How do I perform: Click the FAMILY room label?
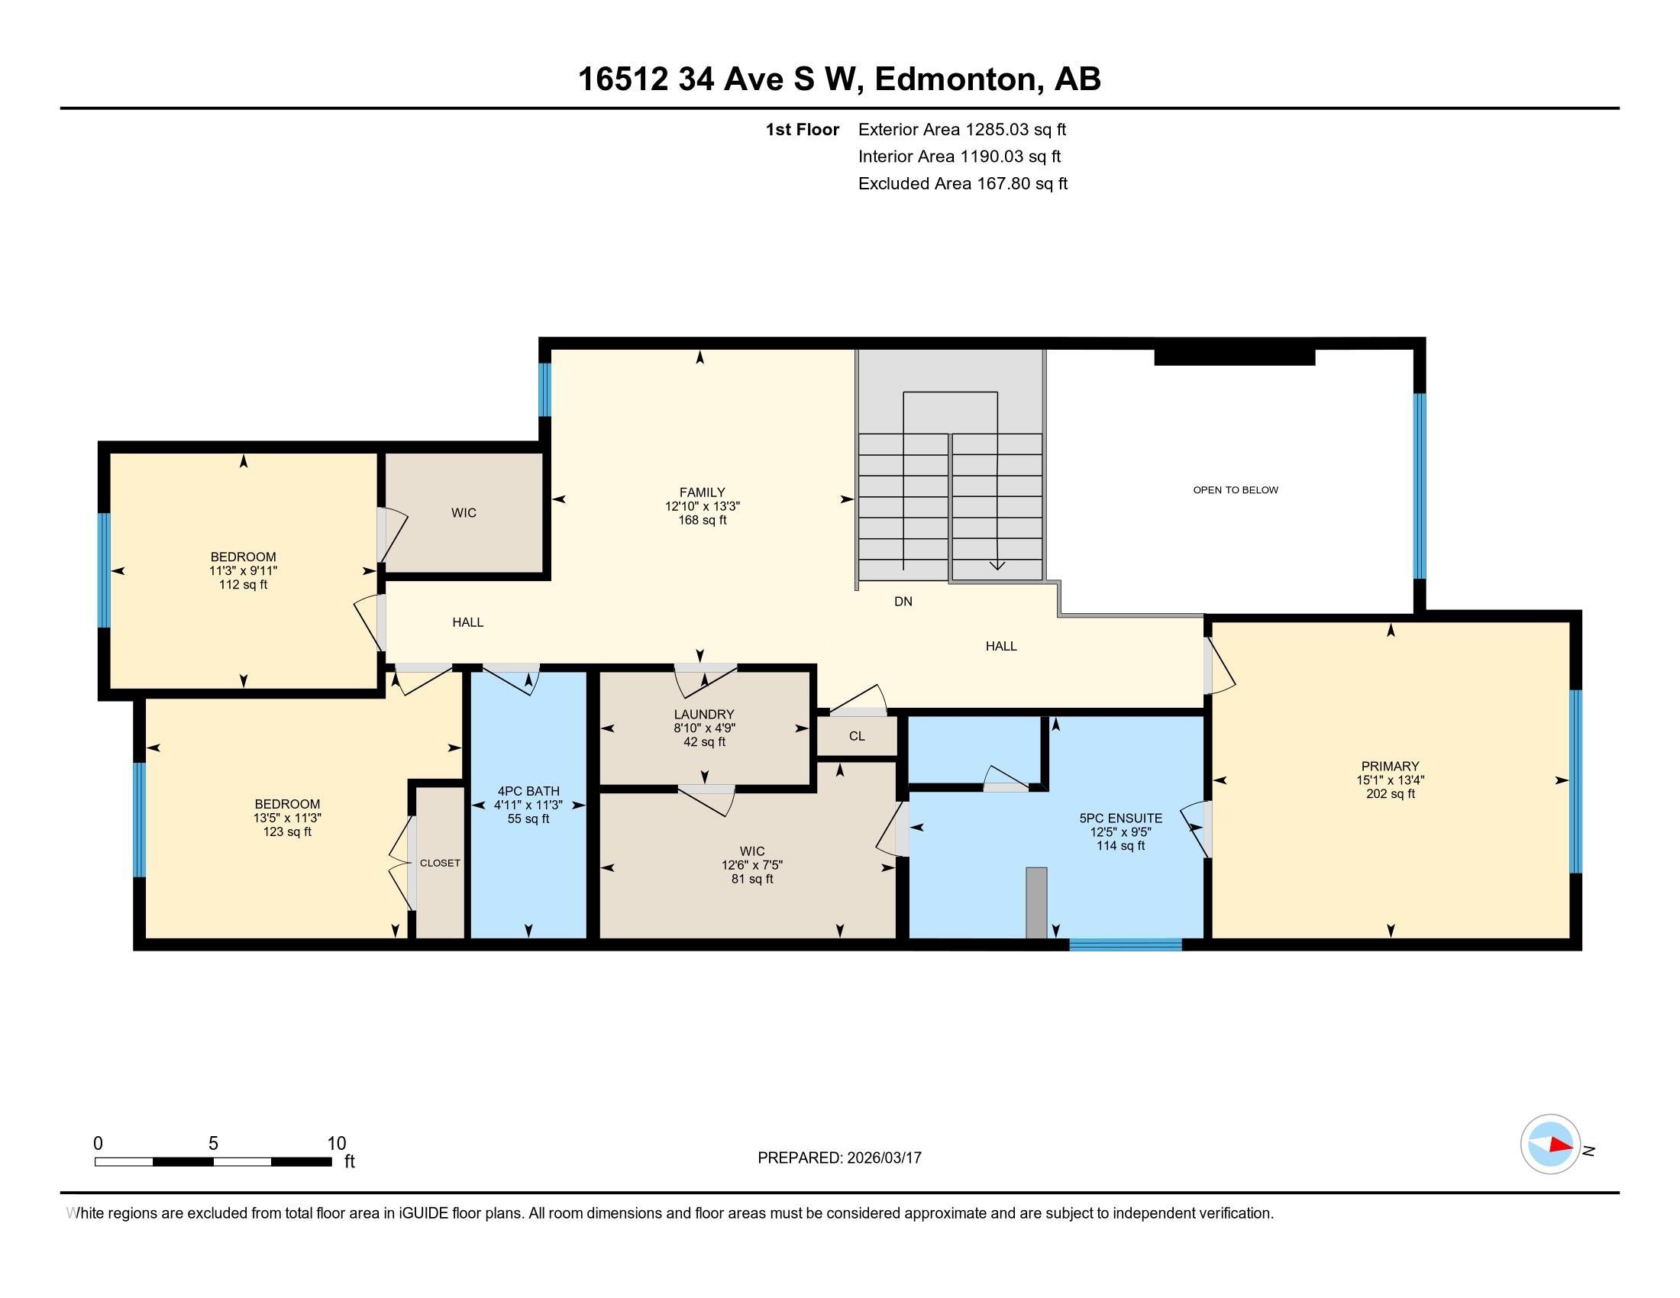702,492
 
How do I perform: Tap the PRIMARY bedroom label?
1389,766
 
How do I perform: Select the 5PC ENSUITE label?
1120,819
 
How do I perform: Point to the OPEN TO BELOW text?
1236,490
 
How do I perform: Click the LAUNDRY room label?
704,715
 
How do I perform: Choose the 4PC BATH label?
528,791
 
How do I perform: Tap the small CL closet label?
857,736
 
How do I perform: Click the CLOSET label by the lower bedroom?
440,863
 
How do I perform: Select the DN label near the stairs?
903,602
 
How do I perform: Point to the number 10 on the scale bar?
336,1143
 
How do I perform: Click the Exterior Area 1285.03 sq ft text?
961,129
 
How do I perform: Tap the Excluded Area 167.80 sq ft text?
962,183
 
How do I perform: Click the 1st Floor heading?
802,129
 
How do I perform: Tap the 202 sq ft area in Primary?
1389,793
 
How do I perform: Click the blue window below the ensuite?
1125,944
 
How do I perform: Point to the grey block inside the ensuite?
1036,902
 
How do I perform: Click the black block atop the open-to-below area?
1234,357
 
